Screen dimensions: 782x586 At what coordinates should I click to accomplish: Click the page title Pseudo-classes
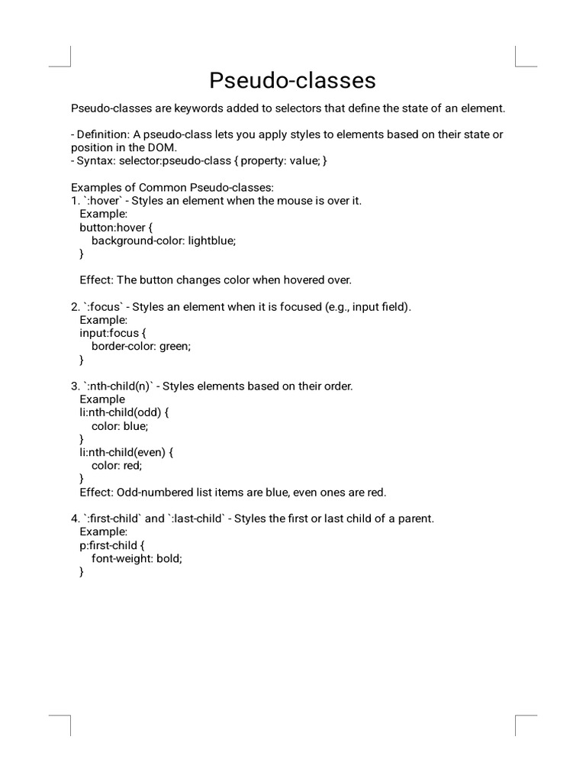pos(293,80)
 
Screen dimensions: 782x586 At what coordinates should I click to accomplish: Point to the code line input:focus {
pos(111,333)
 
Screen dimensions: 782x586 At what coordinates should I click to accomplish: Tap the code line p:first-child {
pos(111,544)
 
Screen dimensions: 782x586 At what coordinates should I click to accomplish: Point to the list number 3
pos(75,386)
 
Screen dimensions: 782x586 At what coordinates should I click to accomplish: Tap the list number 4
pos(75,519)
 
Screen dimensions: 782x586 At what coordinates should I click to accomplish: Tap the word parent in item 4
pos(414,519)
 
